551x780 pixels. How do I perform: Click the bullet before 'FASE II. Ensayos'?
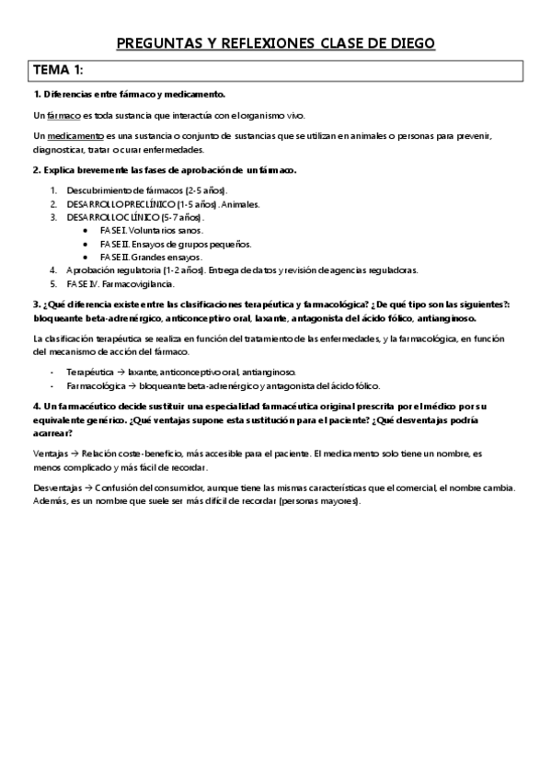coord(86,244)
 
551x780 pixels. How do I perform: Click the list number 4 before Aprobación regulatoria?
coord(52,270)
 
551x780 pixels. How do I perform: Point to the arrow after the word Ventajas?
coord(74,454)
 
